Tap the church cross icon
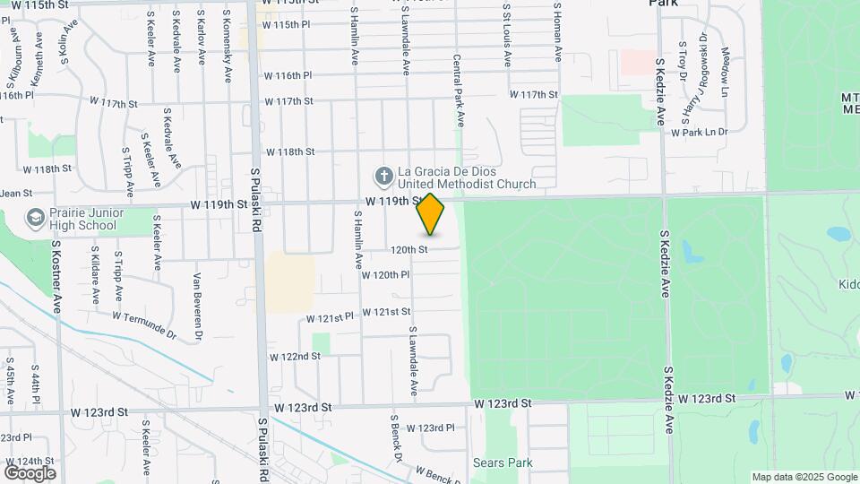coord(384,175)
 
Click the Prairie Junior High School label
coord(85,220)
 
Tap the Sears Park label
coord(503,463)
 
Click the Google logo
coord(30,472)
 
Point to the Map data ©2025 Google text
coord(804,477)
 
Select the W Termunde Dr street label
coord(144,322)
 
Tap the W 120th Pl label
coord(385,274)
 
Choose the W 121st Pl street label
coord(331,318)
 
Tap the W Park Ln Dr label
coord(700,132)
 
